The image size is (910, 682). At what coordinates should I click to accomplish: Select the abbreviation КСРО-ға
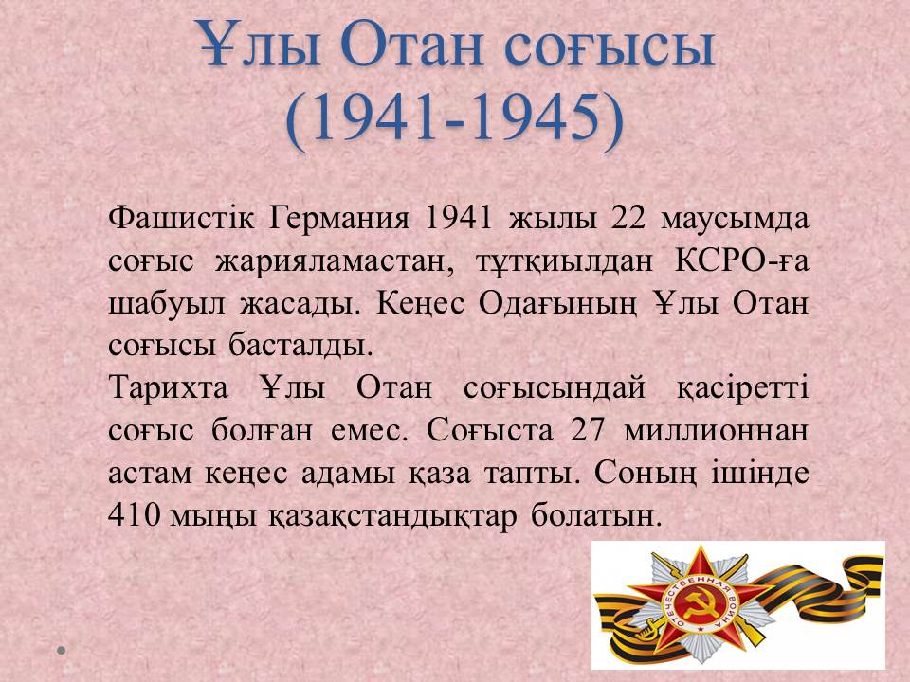(741, 261)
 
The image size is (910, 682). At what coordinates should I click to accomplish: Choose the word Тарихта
(169, 388)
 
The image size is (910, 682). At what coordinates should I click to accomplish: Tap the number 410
(134, 513)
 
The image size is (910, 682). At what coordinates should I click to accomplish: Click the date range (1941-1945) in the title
(454, 120)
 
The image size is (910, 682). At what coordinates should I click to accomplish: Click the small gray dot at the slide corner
(61, 651)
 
